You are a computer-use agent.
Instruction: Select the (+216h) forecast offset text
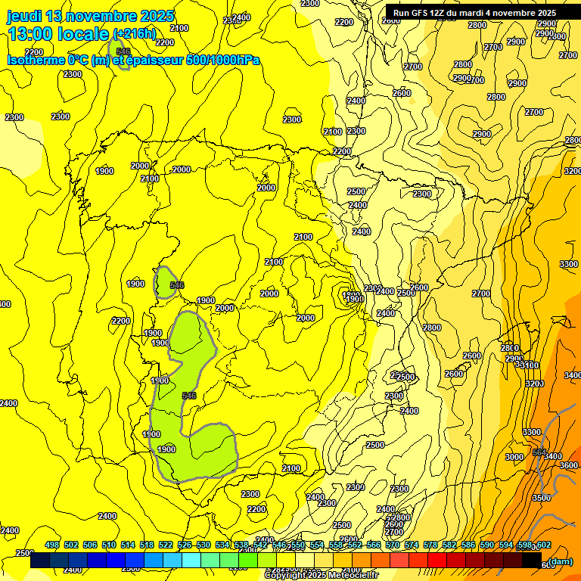(x=135, y=35)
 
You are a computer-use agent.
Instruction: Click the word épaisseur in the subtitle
(x=161, y=60)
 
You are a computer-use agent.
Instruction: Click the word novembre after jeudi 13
(x=98, y=17)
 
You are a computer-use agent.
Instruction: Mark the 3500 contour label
(x=541, y=498)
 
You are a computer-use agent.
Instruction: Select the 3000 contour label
(x=514, y=457)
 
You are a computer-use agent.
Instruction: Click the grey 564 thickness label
(x=539, y=452)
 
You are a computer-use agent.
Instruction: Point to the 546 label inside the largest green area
(x=189, y=396)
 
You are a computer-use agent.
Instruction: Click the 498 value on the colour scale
(x=51, y=545)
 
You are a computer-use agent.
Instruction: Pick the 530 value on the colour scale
(x=203, y=545)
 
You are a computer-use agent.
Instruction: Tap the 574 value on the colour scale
(x=411, y=545)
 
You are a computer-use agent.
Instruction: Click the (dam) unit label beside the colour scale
(x=561, y=561)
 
